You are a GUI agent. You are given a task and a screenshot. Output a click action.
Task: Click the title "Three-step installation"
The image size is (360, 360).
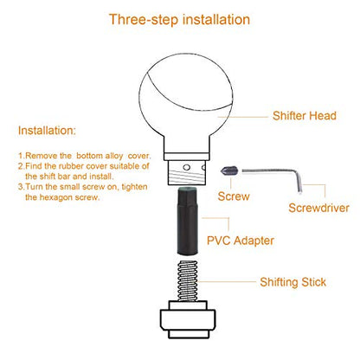[x=179, y=20]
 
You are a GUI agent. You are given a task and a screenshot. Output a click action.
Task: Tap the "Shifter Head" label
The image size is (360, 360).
[x=305, y=116]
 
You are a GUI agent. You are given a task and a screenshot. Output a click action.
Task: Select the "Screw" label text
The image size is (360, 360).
[x=234, y=196]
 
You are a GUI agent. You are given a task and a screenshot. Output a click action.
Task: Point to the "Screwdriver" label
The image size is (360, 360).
[x=318, y=208]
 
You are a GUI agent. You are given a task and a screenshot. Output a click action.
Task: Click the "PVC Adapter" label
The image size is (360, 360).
[x=241, y=241]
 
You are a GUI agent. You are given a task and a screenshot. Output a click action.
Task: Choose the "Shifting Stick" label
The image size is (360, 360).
[x=293, y=282]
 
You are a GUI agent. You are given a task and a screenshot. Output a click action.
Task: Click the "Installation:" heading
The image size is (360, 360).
[x=47, y=131]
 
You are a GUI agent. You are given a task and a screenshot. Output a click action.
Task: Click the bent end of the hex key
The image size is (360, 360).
[x=299, y=183]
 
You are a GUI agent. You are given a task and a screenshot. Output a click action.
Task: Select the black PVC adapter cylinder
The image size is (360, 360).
[x=187, y=221]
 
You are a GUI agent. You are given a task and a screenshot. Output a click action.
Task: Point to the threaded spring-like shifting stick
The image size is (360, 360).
[x=188, y=281]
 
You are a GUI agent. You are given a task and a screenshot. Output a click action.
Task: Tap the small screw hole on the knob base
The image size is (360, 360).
[x=187, y=167]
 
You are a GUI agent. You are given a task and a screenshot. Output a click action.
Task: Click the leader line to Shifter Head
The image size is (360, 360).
[x=243, y=117]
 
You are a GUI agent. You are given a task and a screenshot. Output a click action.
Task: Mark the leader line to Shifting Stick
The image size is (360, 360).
[x=227, y=281]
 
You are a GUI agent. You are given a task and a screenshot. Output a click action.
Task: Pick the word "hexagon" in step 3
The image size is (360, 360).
[x=56, y=197]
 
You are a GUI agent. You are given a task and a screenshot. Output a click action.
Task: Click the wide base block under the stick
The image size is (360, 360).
[x=188, y=319]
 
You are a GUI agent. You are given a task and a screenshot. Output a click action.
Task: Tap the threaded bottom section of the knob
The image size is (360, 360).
[x=187, y=172]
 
